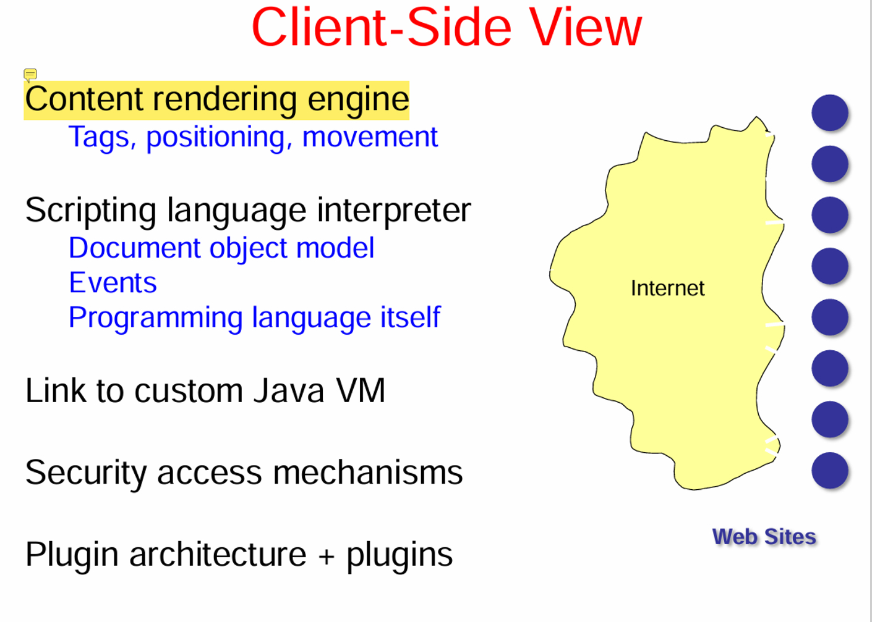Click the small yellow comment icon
(30, 75)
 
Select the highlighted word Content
(84, 99)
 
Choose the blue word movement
(370, 137)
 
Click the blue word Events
(113, 283)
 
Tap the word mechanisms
(367, 473)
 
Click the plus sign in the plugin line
(326, 556)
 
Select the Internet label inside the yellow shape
(667, 288)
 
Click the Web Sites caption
(764, 537)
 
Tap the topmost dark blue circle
(829, 112)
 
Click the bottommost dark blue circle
(829, 470)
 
